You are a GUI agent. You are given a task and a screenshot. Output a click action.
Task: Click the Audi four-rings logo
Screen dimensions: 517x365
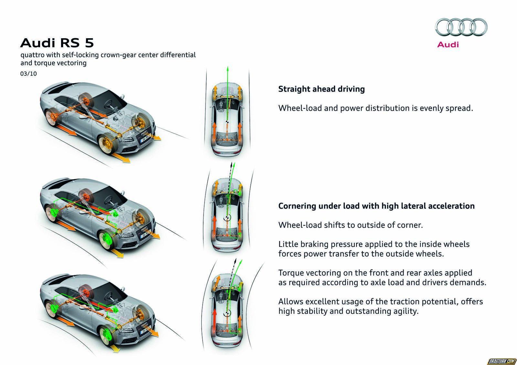click(461, 27)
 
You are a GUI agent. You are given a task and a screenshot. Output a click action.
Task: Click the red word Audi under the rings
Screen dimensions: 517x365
click(448, 44)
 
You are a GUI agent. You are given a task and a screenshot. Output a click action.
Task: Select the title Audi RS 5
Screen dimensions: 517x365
click(57, 43)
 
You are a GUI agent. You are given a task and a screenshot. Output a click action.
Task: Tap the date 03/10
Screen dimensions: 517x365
click(28, 73)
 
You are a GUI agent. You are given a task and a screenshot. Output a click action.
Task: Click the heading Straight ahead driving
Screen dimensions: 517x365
click(322, 89)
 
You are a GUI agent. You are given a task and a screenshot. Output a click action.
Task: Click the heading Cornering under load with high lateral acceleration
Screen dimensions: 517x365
click(376, 206)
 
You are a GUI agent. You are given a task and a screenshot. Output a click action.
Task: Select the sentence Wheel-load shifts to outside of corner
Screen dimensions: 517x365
click(351, 225)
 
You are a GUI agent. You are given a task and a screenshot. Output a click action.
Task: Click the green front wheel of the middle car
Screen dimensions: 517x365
click(108, 240)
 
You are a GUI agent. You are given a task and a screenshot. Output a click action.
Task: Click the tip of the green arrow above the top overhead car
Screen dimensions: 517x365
click(227, 67)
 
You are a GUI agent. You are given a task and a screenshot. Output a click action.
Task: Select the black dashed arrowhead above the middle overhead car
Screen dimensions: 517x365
click(231, 164)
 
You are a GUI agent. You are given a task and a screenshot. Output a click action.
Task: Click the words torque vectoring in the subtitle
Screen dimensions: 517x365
click(60, 63)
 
